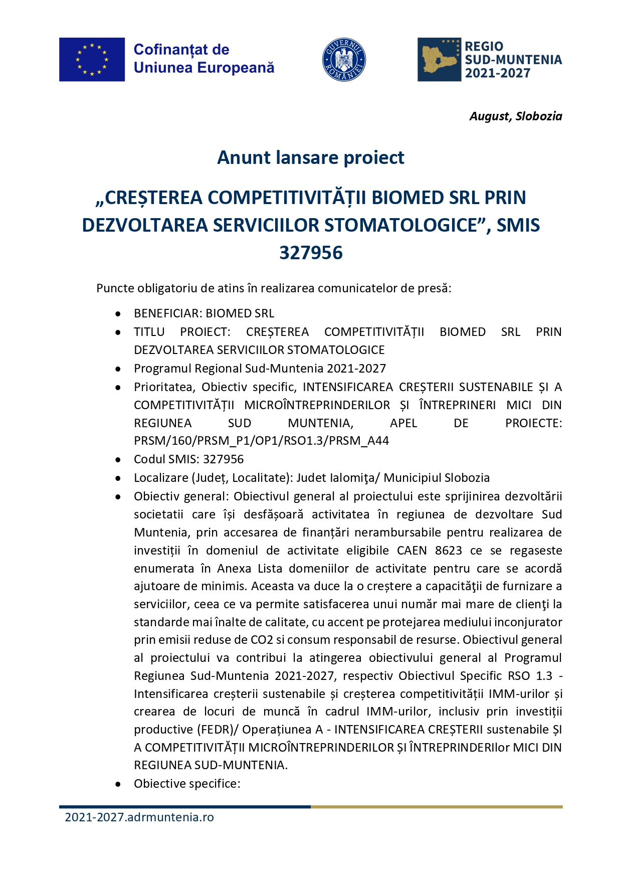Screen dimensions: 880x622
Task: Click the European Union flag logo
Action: (x=92, y=59)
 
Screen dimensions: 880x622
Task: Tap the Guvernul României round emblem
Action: (x=343, y=59)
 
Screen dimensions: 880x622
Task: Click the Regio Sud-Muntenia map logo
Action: (x=439, y=59)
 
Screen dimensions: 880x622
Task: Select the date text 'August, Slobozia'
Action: (x=515, y=116)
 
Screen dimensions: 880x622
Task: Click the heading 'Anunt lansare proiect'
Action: (x=310, y=158)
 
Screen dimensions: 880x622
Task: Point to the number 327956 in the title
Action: (x=311, y=253)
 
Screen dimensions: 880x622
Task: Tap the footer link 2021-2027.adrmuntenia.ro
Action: (x=139, y=817)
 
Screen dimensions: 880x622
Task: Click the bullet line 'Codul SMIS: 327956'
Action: (x=188, y=459)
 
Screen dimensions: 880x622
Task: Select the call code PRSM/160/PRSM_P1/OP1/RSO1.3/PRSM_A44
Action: (x=261, y=441)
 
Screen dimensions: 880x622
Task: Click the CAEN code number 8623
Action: (x=448, y=551)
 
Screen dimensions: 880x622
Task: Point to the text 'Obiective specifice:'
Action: (x=187, y=784)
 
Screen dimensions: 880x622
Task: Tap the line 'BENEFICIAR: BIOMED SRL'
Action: (x=204, y=313)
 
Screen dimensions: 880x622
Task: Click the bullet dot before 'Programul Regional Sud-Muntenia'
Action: (x=118, y=369)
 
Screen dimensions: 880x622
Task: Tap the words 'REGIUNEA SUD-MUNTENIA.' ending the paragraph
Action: (x=211, y=765)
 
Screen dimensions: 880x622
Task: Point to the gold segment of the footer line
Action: (x=436, y=807)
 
